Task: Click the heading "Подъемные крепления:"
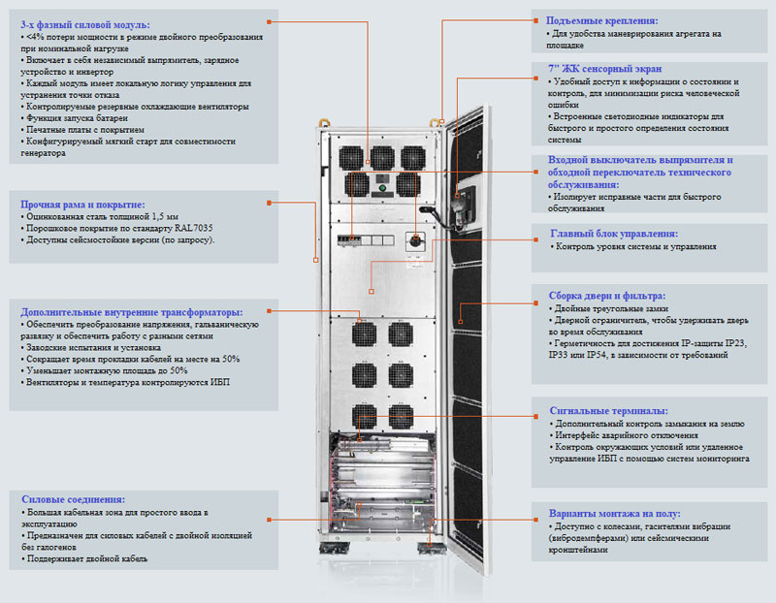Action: tap(601, 19)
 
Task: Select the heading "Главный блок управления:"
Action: tap(614, 234)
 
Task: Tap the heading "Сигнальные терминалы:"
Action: tap(607, 411)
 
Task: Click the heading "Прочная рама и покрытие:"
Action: tap(82, 205)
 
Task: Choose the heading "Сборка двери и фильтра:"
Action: tap(607, 296)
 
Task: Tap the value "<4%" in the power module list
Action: tap(38, 36)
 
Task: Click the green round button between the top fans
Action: tap(382, 187)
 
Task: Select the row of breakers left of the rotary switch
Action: tap(356, 238)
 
